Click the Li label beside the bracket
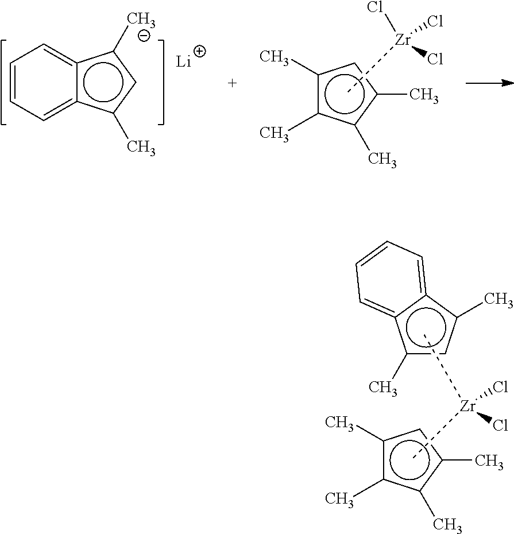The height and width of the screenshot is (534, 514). point(184,61)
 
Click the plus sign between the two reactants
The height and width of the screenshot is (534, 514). point(232,83)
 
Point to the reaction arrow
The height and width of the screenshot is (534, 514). point(489,83)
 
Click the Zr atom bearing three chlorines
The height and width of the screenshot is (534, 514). point(403,40)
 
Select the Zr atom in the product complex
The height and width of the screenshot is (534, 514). point(468,407)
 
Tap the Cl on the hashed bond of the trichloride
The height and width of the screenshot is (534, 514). point(435,22)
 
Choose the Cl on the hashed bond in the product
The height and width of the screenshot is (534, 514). point(500,388)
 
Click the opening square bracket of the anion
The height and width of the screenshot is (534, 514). point(5,82)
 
